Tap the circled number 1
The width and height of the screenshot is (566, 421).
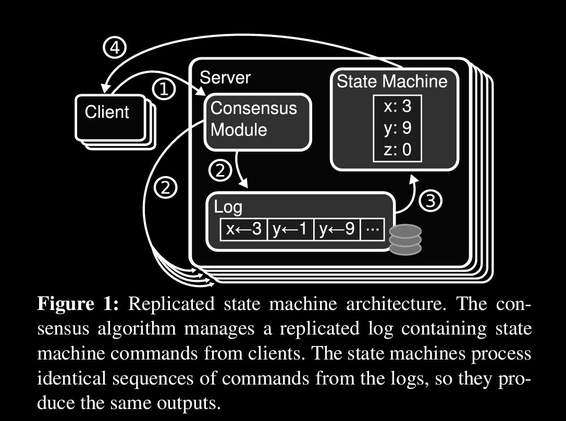(164, 90)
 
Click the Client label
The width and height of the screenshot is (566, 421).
(107, 112)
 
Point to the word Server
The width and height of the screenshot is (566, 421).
(225, 78)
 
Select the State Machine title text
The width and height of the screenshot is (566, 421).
(392, 81)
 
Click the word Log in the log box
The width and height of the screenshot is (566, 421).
(228, 207)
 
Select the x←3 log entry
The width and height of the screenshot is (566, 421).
(243, 229)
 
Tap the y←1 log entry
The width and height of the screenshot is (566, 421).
(290, 229)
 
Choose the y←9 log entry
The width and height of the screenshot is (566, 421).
(337, 229)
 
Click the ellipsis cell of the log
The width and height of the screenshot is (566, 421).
(372, 229)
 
